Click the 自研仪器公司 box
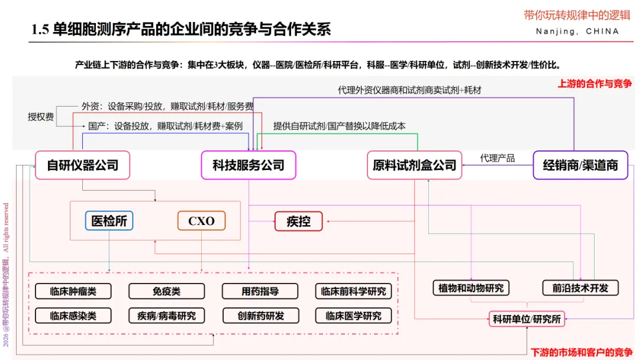[x=82, y=165]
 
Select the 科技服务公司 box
[x=248, y=165]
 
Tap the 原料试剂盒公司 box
[x=414, y=165]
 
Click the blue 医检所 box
[x=109, y=221]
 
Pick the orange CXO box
[x=201, y=221]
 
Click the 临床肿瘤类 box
[x=73, y=291]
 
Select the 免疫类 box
[x=166, y=291]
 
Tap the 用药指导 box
[x=260, y=291]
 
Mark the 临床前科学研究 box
[x=353, y=291]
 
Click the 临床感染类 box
[x=73, y=316]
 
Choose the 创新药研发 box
[x=260, y=316]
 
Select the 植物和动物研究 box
[x=471, y=288]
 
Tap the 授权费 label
[x=41, y=117]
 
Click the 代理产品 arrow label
[x=498, y=158]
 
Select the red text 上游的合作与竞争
[x=594, y=83]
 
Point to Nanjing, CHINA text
[x=577, y=31]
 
